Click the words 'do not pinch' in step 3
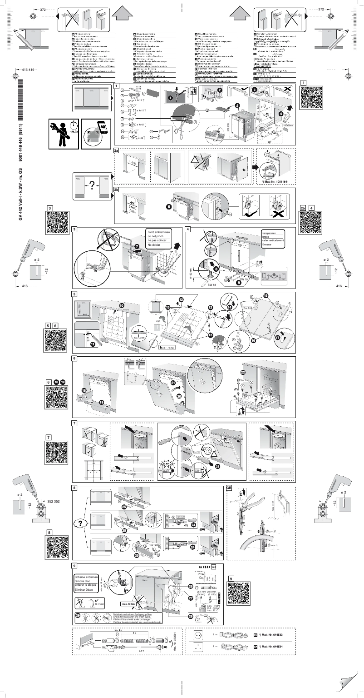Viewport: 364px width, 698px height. click(156, 238)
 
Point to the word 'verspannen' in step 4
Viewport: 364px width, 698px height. click(271, 233)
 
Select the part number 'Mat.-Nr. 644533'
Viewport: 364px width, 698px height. click(275, 634)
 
